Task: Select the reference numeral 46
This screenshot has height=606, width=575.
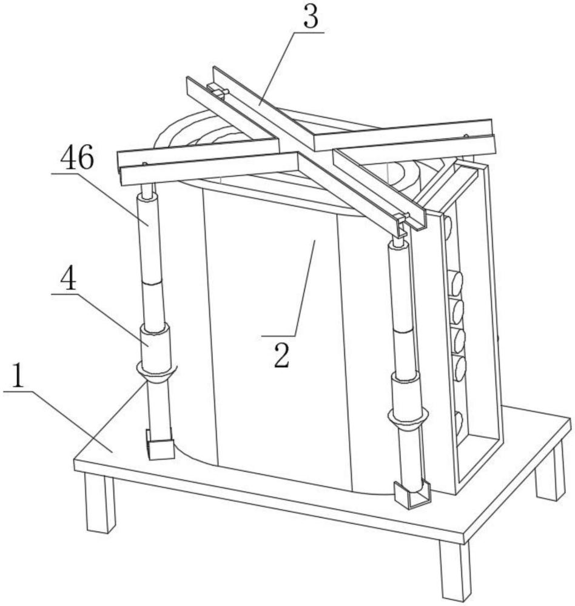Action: [x=77, y=159]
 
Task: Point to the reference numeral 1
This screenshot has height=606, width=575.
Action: [x=19, y=378]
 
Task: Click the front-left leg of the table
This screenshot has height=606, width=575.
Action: [x=99, y=502]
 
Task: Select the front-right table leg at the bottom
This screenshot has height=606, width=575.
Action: [x=455, y=570]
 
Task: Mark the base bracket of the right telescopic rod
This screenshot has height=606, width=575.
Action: [x=410, y=495]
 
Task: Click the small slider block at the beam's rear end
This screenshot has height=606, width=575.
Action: [x=218, y=92]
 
